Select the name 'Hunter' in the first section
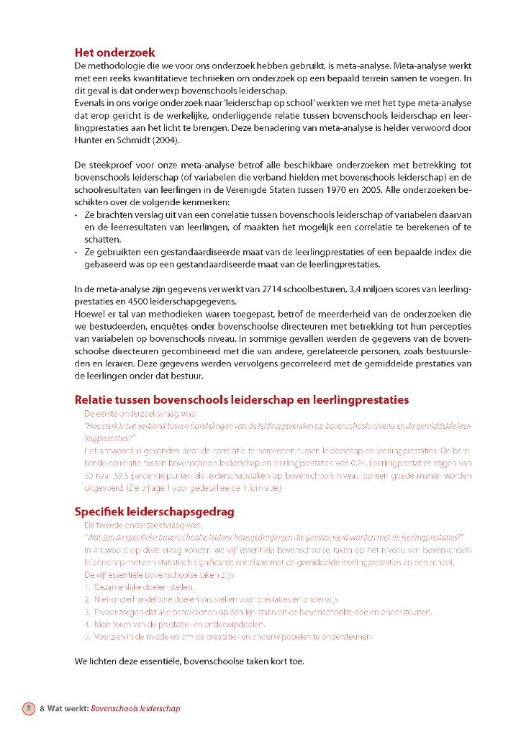[x=90, y=140]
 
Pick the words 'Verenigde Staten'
[x=312, y=190]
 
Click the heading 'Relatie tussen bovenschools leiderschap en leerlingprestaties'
[x=242, y=400]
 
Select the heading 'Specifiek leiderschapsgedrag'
[x=154, y=512]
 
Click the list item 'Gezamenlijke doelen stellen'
[x=134, y=587]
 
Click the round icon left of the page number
[x=28, y=708]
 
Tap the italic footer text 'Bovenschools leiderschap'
[x=135, y=708]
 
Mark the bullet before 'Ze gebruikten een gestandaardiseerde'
[x=77, y=252]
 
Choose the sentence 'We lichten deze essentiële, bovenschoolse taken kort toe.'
[x=199, y=661]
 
